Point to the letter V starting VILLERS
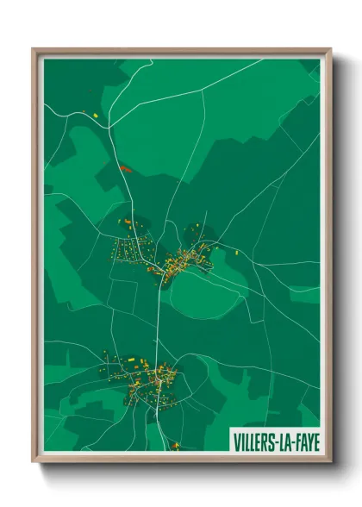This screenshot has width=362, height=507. pyautogui.click(x=235, y=441)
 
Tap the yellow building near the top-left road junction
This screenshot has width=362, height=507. pyautogui.click(x=95, y=114)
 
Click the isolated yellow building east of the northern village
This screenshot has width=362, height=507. pyautogui.click(x=237, y=253)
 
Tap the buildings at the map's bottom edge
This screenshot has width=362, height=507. pyautogui.click(x=175, y=446)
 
